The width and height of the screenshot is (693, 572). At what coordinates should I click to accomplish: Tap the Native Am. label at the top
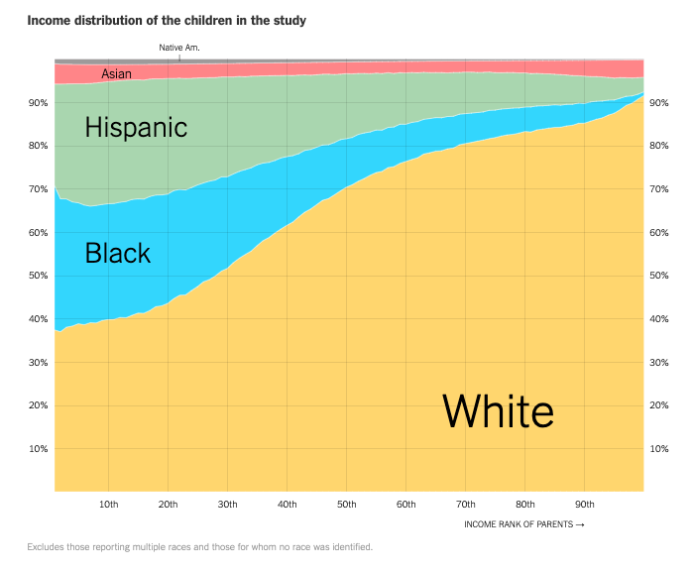(179, 48)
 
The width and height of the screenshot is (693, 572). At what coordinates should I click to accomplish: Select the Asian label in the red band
(117, 74)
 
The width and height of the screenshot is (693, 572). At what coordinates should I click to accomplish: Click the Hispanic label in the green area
(136, 127)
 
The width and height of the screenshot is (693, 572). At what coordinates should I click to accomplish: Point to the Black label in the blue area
(118, 253)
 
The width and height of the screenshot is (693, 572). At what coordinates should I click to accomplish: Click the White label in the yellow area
(498, 409)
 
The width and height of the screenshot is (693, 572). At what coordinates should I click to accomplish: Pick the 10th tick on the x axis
(109, 505)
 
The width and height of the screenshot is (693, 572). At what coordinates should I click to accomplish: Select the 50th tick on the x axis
(347, 505)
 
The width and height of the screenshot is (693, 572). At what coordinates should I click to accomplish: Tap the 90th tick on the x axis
(585, 505)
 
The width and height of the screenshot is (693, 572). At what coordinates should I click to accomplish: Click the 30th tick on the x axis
(228, 505)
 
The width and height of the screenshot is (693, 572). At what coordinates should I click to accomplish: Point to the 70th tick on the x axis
(466, 505)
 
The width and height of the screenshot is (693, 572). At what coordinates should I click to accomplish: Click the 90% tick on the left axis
(38, 103)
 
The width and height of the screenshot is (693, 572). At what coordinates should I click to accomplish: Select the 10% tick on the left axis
(38, 449)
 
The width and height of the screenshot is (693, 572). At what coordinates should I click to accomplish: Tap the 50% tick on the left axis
(38, 276)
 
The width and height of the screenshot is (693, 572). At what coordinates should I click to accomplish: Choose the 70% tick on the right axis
(659, 189)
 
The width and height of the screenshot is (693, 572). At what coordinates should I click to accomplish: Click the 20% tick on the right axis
(659, 405)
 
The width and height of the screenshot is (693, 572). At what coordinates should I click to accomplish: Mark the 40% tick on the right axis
(659, 319)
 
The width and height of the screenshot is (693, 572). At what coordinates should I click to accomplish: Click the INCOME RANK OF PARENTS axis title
(523, 524)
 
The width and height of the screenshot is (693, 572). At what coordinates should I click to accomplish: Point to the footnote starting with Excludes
(199, 547)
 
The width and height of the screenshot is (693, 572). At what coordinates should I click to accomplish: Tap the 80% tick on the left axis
(38, 146)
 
